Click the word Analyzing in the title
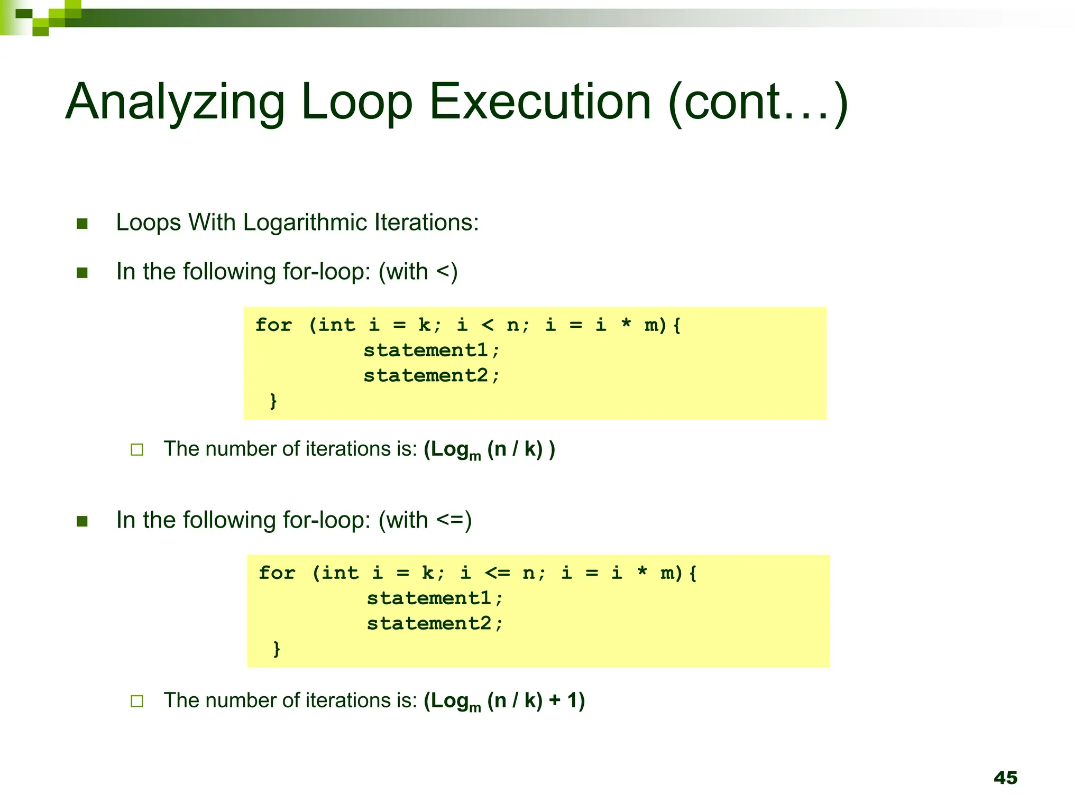175,103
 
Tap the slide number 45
1005,778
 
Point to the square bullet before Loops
82,224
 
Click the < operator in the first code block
488,325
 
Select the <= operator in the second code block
497,573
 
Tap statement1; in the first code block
431,350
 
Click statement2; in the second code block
435,623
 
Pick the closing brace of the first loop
273,401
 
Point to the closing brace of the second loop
277,649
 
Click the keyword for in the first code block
273,325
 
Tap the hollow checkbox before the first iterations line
137,450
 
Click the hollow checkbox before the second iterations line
137,702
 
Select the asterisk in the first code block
626,325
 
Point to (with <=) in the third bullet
425,520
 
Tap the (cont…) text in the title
758,103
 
